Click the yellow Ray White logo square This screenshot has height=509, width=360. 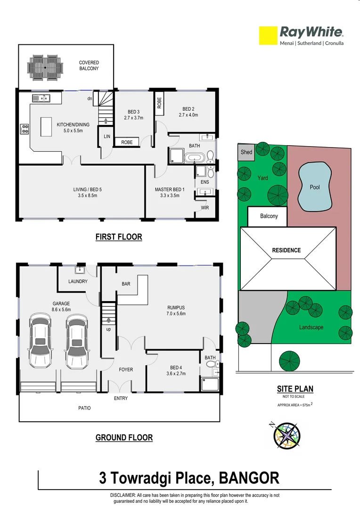tap(268, 36)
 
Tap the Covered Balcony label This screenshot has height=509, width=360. tap(89, 66)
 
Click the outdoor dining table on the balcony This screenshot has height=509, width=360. tap(45, 67)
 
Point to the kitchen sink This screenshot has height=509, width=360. tap(41, 98)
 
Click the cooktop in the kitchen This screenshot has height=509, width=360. tap(25, 129)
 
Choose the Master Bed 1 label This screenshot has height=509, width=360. tap(170, 192)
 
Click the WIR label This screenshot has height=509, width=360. tap(205, 206)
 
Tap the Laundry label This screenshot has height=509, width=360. tap(78, 281)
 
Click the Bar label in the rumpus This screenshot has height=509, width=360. tap(126, 284)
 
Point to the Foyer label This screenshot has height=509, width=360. tap(125, 369)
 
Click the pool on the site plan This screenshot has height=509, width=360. tap(314, 187)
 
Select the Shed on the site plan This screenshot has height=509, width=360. tap(246, 152)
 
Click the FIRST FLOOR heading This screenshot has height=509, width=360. tap(119, 237)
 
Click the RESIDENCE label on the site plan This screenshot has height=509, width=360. tap(286, 250)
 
